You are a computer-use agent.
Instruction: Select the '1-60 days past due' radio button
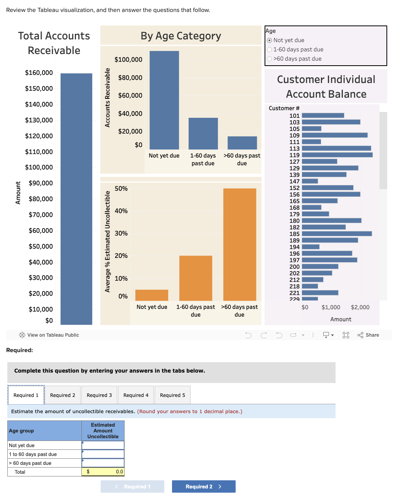pos(269,49)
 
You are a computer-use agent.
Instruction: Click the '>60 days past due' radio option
pos(269,59)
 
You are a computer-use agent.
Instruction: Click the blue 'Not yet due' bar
pos(164,100)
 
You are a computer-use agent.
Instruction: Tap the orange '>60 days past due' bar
pos(240,244)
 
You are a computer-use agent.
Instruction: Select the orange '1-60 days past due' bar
pos(196,278)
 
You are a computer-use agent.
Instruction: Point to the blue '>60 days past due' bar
pos(242,143)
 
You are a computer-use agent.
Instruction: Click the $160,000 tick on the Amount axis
pos(39,73)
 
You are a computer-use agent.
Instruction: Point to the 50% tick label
pos(121,188)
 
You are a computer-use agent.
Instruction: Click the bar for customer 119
pos(337,155)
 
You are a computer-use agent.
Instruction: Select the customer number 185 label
pos(294,234)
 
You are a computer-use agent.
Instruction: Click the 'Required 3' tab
pos(99,395)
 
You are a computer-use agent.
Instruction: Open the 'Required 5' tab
pos(172,395)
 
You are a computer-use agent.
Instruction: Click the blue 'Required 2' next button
pos(203,486)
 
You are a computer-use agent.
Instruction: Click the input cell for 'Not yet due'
pos(103,445)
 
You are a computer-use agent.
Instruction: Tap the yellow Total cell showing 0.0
pos(103,471)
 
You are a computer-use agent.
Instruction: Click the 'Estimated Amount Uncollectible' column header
pos(103,431)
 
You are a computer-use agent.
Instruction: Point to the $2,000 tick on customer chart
pos(360,307)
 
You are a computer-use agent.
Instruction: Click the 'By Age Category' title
pos(180,36)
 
